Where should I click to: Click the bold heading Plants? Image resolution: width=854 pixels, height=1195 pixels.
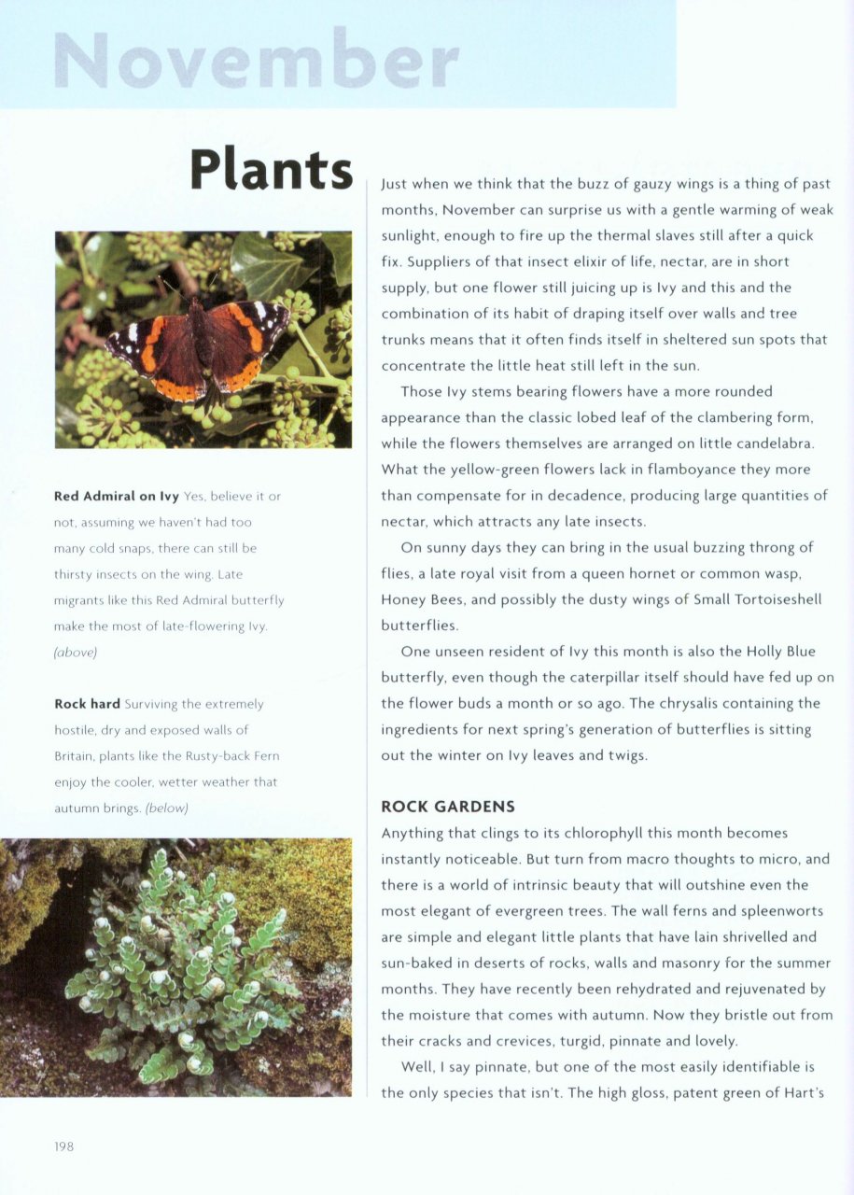pos(272,170)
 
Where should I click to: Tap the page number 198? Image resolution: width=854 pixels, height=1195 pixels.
pos(63,1146)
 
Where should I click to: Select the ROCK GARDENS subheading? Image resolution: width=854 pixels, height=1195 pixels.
pos(448,807)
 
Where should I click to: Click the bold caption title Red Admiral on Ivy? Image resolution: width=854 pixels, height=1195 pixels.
pos(117,496)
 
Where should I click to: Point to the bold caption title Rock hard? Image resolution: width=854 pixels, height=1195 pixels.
pos(88,704)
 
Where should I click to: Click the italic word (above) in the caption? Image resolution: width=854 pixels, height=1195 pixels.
pos(76,653)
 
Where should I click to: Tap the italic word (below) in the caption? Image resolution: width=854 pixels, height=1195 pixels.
pos(167,808)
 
